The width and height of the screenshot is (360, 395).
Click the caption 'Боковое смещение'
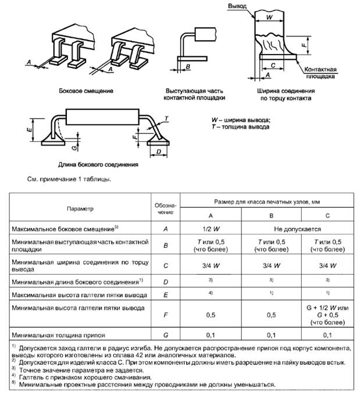pos(86,91)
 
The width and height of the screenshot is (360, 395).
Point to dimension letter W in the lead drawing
pos(268,17)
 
